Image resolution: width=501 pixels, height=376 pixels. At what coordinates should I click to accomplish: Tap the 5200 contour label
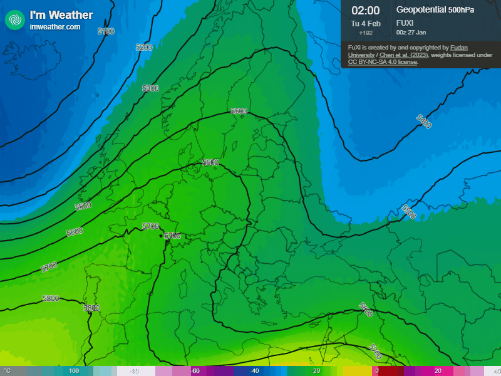(x=144, y=48)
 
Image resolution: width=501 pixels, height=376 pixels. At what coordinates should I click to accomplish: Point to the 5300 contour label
(x=150, y=88)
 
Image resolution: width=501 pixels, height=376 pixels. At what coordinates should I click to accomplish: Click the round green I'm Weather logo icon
(x=14, y=19)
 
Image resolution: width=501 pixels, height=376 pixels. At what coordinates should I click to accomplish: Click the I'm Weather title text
(x=61, y=15)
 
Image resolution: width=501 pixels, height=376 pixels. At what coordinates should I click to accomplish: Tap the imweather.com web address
(x=55, y=27)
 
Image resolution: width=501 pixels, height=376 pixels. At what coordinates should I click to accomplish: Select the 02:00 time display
(x=365, y=10)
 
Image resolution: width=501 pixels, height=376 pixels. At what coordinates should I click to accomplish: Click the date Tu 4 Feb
(x=365, y=23)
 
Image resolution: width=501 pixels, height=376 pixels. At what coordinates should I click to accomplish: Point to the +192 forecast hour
(x=365, y=33)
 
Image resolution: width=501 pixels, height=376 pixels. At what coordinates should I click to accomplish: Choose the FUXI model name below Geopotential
(x=405, y=23)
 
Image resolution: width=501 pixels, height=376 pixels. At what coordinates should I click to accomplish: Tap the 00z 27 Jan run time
(x=411, y=32)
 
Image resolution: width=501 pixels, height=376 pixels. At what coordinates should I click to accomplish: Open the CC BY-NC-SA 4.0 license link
(x=382, y=62)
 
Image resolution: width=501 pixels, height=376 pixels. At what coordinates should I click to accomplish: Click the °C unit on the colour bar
(x=8, y=371)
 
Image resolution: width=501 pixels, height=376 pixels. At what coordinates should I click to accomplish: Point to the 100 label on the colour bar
(x=74, y=371)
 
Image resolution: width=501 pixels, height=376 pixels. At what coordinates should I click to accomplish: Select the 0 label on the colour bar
(x=376, y=371)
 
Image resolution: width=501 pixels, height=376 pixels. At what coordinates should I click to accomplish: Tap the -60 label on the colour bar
(x=195, y=371)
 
